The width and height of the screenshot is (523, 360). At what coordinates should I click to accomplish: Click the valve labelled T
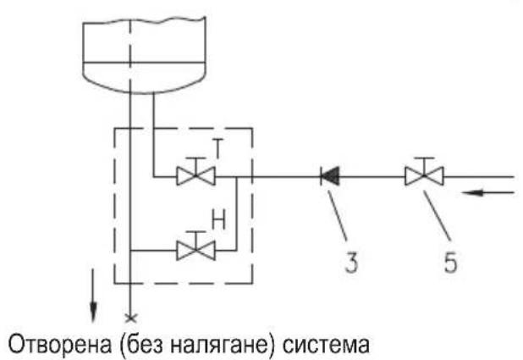195,176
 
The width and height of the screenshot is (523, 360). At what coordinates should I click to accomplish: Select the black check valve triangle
330,176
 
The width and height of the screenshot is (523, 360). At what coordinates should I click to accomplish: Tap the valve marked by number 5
424,175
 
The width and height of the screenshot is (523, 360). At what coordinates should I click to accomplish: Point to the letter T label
218,148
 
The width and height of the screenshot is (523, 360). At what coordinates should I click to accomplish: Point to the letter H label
219,219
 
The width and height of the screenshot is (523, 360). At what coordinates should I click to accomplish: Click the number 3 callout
351,262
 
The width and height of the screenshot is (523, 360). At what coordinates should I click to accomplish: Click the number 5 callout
450,262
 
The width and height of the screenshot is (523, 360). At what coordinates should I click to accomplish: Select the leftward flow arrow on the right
488,192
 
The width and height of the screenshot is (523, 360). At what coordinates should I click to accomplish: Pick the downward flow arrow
93,296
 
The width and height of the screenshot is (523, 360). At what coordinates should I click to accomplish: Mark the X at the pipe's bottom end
130,318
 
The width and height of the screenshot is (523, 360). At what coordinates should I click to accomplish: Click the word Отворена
60,345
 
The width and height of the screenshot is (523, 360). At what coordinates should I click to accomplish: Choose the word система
326,345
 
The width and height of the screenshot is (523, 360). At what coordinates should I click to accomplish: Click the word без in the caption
143,344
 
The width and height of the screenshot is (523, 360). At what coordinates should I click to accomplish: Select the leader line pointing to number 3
338,215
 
